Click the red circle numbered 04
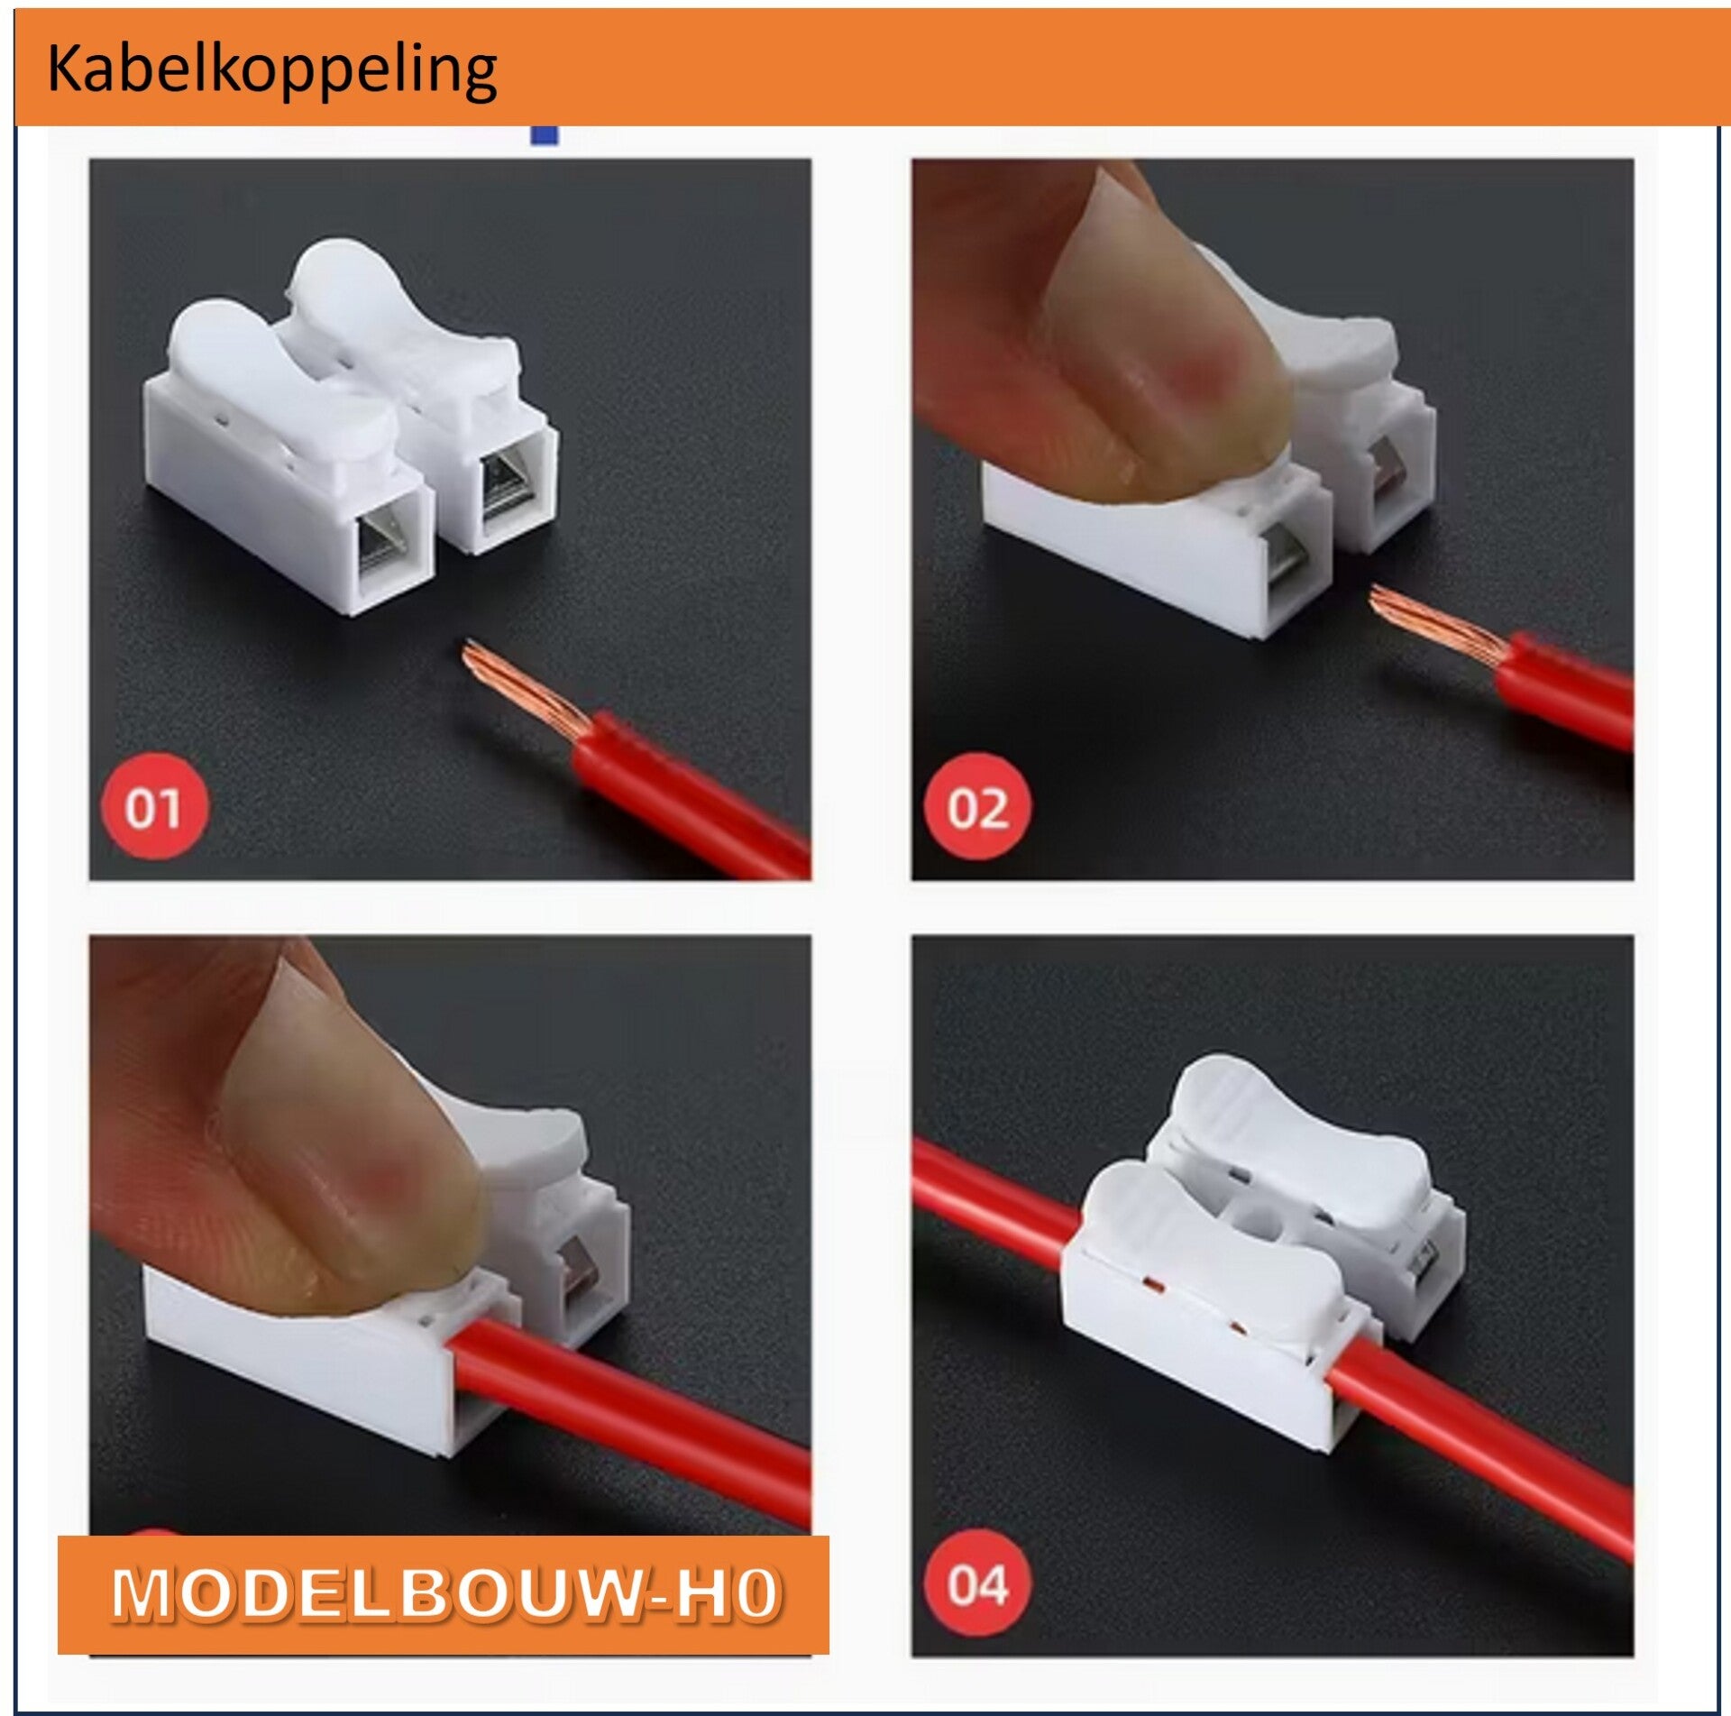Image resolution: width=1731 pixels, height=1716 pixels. click(977, 1584)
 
